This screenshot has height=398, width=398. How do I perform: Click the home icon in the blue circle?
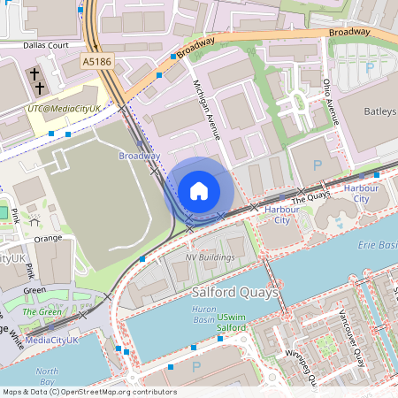pyautogui.click(x=199, y=190)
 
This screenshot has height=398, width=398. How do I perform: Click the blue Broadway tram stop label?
pyautogui.click(x=140, y=156)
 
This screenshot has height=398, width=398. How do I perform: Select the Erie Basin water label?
pyautogui.click(x=375, y=249)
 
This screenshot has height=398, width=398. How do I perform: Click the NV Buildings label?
pyautogui.click(x=210, y=257)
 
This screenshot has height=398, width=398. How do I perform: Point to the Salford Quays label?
pyautogui.click(x=235, y=291)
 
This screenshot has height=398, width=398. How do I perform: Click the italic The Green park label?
pyautogui.click(x=42, y=312)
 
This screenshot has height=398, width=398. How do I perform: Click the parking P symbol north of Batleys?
pyautogui.click(x=369, y=67)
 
